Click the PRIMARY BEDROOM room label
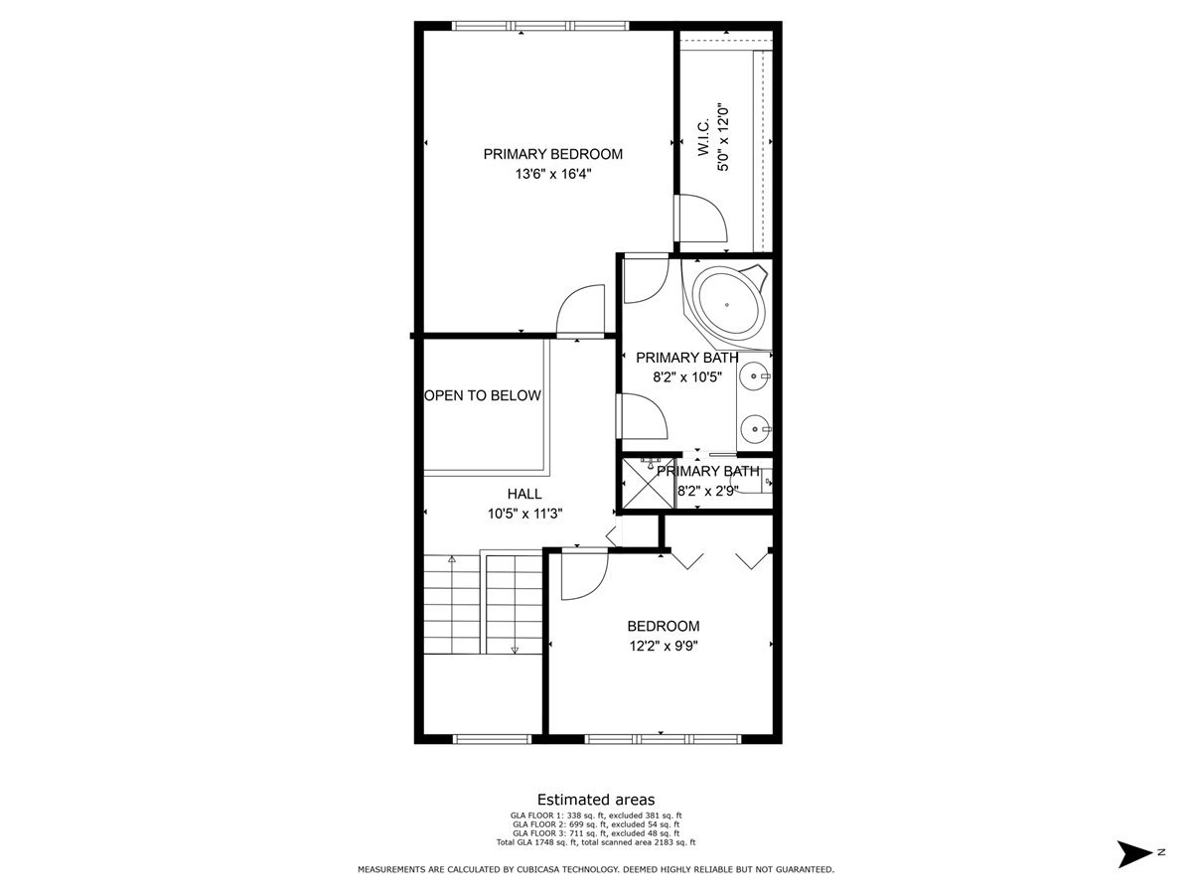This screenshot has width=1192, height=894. click(552, 154)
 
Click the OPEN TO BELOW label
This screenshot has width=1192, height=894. click(483, 395)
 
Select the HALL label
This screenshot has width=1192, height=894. click(524, 494)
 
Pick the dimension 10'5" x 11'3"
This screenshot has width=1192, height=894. click(524, 514)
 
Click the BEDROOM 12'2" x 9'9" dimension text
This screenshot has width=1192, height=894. click(663, 646)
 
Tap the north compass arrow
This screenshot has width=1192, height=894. click(1133, 853)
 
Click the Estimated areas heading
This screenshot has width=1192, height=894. click(596, 800)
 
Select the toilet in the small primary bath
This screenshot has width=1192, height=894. click(764, 484)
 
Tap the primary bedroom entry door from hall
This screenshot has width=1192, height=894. click(580, 311)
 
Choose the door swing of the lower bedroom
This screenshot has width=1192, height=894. click(583, 576)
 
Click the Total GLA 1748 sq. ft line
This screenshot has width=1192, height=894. click(596, 842)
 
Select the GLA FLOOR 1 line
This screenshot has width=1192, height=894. click(596, 816)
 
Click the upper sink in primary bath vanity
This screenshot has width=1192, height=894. click(757, 376)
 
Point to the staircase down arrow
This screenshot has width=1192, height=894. click(515, 650)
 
